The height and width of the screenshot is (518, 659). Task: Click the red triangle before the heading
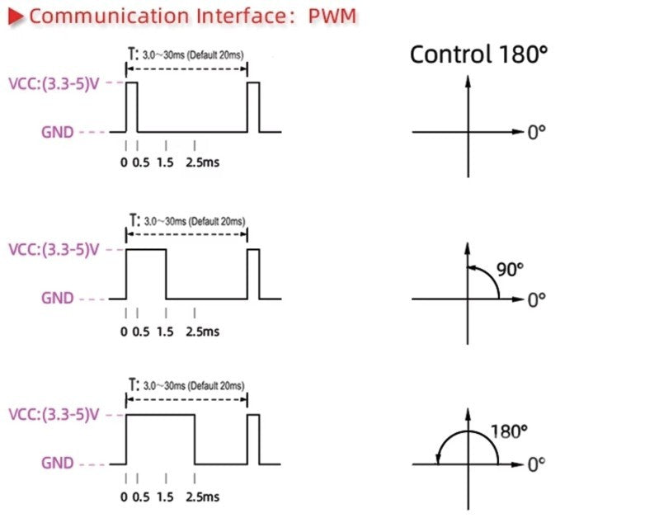(x=16, y=16)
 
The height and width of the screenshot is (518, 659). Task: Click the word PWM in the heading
(x=332, y=16)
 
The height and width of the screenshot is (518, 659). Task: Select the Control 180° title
(x=478, y=54)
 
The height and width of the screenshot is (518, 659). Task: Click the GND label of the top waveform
(x=58, y=132)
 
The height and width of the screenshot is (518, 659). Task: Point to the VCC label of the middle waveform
(x=54, y=249)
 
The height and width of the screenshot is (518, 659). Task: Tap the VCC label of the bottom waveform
(x=54, y=415)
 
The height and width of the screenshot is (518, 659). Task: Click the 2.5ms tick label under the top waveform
(x=203, y=162)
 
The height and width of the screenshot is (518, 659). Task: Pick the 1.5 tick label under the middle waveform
(x=165, y=332)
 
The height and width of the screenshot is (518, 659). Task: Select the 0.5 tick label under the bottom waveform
(x=141, y=497)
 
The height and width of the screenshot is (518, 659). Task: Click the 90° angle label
(x=511, y=270)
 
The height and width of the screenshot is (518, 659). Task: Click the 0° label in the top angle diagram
(x=536, y=133)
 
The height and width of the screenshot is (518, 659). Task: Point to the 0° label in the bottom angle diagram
(x=536, y=464)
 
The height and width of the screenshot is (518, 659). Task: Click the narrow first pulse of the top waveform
(x=131, y=82)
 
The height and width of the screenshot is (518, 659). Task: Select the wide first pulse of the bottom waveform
(x=160, y=415)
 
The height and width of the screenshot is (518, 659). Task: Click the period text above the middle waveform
(x=187, y=221)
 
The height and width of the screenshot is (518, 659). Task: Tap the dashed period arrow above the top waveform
(x=186, y=68)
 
